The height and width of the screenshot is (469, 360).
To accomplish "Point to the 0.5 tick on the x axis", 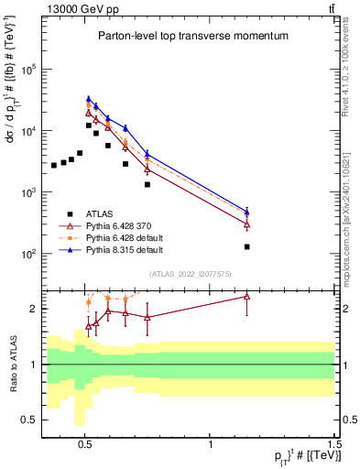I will coord(85,443).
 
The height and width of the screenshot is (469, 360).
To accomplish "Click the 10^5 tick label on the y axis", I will coord(29,70).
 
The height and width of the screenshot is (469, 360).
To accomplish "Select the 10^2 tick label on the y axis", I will coord(29,254).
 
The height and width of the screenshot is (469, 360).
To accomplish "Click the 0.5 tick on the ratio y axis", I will coord(30,420).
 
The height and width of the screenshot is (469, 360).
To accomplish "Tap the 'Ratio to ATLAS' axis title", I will coord(12,364).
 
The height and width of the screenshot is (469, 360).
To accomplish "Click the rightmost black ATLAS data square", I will coord(247,246).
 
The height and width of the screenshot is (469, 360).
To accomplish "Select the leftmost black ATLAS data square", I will coord(54,165).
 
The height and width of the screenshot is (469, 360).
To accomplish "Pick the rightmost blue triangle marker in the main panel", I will coord(247,211).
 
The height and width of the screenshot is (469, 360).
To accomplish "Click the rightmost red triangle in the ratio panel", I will coord(247,296).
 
